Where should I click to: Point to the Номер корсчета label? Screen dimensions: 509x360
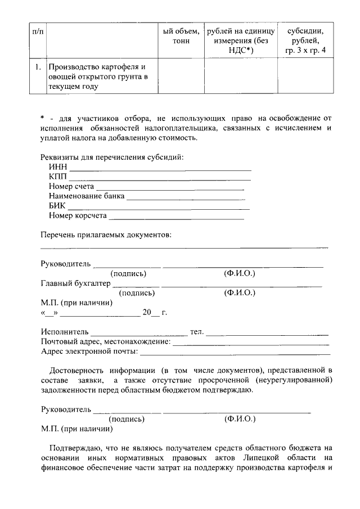(x=78, y=215)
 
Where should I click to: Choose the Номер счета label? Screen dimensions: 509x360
(x=71, y=186)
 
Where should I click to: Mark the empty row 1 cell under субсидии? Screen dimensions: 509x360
(x=305, y=76)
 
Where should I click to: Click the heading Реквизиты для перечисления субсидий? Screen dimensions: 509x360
(x=112, y=156)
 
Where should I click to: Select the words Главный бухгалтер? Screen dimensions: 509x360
(x=75, y=283)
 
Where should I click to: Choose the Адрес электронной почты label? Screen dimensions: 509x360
(x=89, y=352)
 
